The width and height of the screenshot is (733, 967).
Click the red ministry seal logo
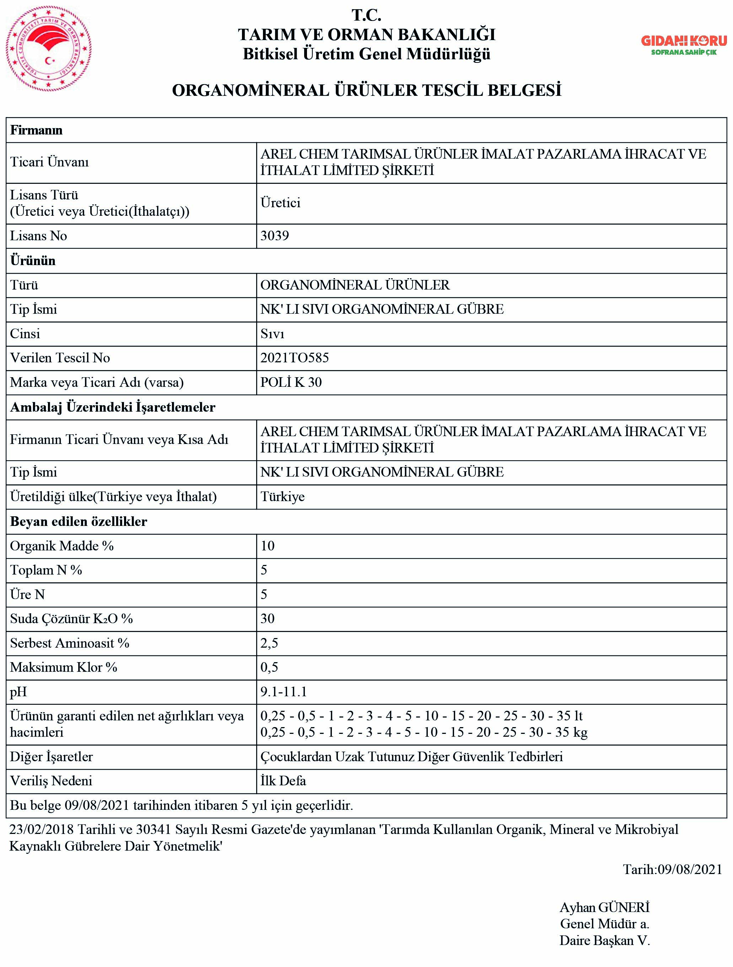49,49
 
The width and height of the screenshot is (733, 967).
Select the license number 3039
274,236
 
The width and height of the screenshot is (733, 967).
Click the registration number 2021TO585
295,358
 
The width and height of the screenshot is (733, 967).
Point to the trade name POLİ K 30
291,383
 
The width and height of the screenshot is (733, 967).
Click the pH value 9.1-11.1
284,692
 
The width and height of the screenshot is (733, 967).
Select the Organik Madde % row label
62,546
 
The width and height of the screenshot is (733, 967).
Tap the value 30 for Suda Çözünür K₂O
268,619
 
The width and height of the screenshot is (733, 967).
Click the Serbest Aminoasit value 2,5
269,643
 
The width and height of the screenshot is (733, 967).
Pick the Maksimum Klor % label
64,667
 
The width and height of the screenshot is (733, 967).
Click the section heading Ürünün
33,261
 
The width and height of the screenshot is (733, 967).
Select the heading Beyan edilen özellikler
79,522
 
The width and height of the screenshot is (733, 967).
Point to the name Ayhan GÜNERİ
604,907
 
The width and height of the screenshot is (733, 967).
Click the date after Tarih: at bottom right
690,869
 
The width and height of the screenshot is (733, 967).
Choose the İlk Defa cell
283,781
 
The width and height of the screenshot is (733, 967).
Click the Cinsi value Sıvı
272,334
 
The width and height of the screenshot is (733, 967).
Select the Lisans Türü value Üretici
280,203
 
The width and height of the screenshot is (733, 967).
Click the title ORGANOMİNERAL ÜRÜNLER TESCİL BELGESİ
366,90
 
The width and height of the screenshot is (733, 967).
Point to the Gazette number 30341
153,829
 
